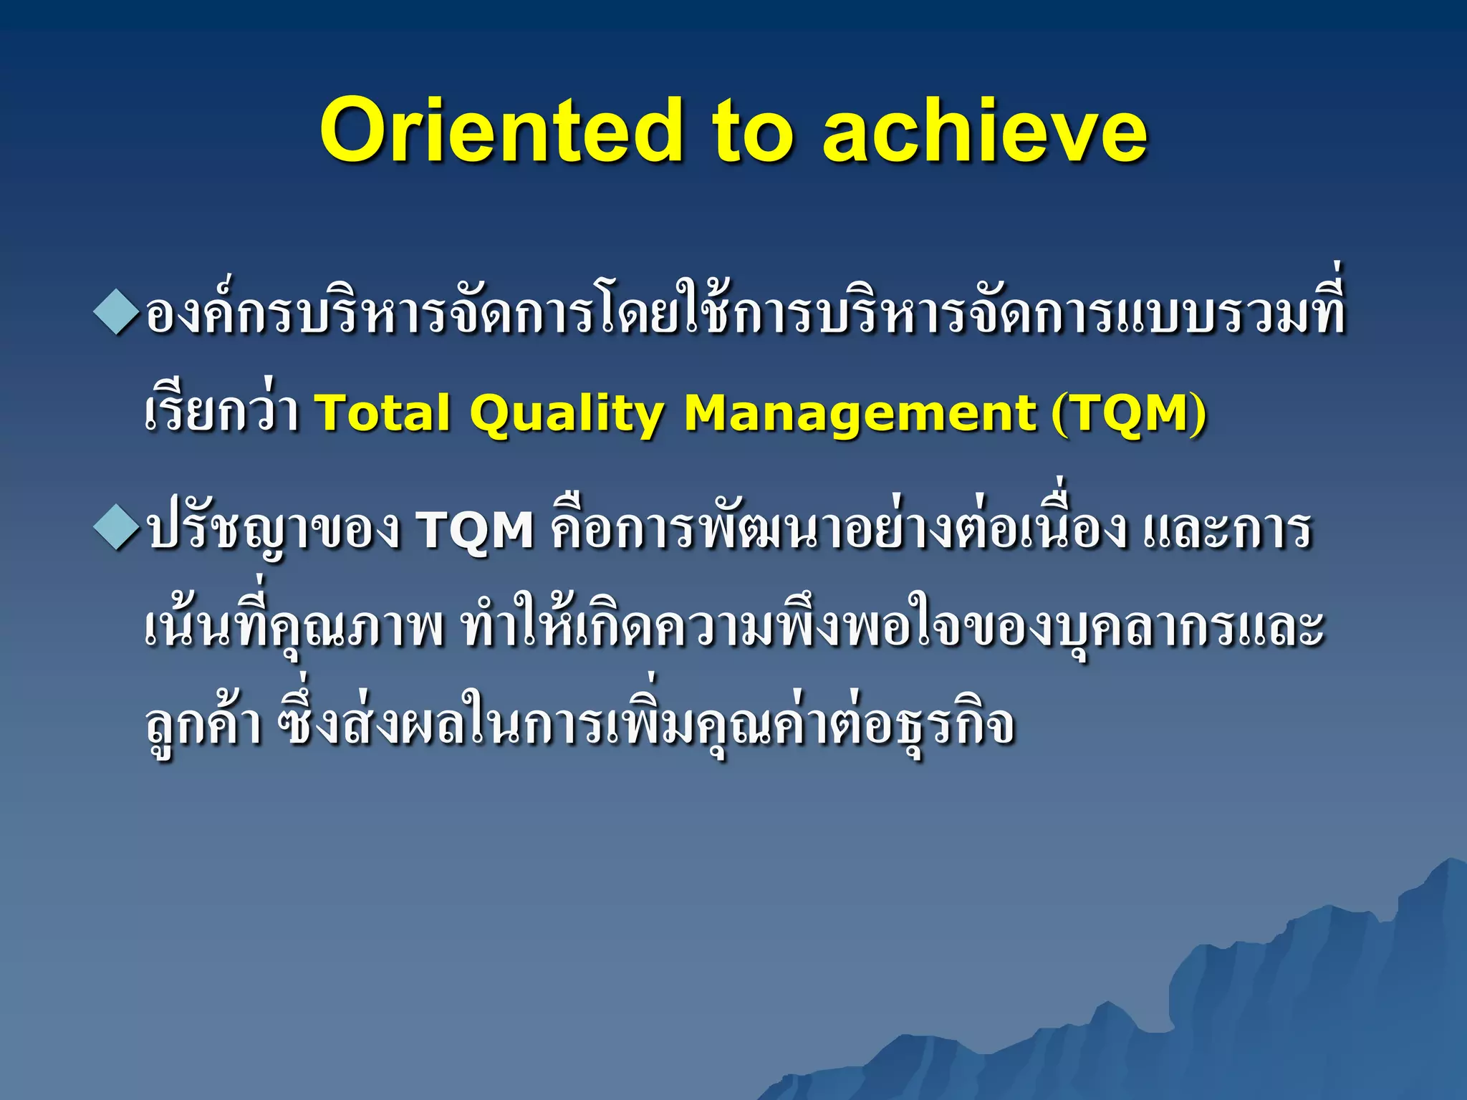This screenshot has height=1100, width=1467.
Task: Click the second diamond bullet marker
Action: click(115, 530)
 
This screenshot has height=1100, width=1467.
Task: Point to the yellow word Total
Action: click(383, 413)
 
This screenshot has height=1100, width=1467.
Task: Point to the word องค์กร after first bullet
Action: click(218, 315)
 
